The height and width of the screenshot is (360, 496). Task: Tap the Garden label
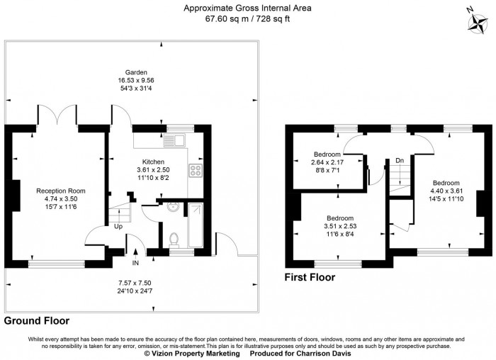pyautogui.click(x=130, y=72)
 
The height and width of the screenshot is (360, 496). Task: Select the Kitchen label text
pyautogui.click(x=153, y=162)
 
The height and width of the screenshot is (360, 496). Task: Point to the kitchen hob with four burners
pyautogui.click(x=196, y=170)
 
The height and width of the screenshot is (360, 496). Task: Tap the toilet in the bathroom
pyautogui.click(x=174, y=238)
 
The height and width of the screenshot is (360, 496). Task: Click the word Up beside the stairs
pyautogui.click(x=118, y=227)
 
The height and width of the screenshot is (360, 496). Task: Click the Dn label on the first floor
pyautogui.click(x=400, y=160)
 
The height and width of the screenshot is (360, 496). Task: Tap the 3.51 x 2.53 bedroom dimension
pyautogui.click(x=341, y=226)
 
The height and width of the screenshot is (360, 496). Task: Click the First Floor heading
pyautogui.click(x=310, y=277)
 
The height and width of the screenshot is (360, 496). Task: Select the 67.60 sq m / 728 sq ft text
pyautogui.click(x=247, y=19)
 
